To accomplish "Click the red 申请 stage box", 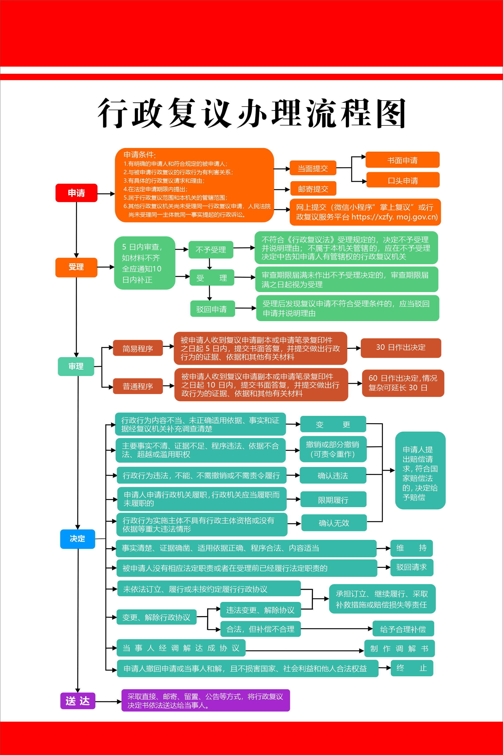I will [76, 193].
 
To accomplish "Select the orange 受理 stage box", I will [76, 267].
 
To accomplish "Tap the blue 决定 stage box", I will [78, 539].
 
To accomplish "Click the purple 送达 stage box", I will [78, 701].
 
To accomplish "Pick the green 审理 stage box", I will [76, 366].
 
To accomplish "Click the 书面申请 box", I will [402, 160].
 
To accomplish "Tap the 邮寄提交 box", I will [313, 189].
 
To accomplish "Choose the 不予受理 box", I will [211, 249].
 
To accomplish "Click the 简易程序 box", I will [138, 348].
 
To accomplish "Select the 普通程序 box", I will [138, 386].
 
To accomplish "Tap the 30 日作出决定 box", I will [401, 348].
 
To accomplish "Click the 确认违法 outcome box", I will [333, 475].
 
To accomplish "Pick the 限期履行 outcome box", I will [333, 500].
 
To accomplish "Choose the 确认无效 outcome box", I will [334, 523].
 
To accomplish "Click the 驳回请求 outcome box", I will [412, 567].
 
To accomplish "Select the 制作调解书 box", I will [399, 649].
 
